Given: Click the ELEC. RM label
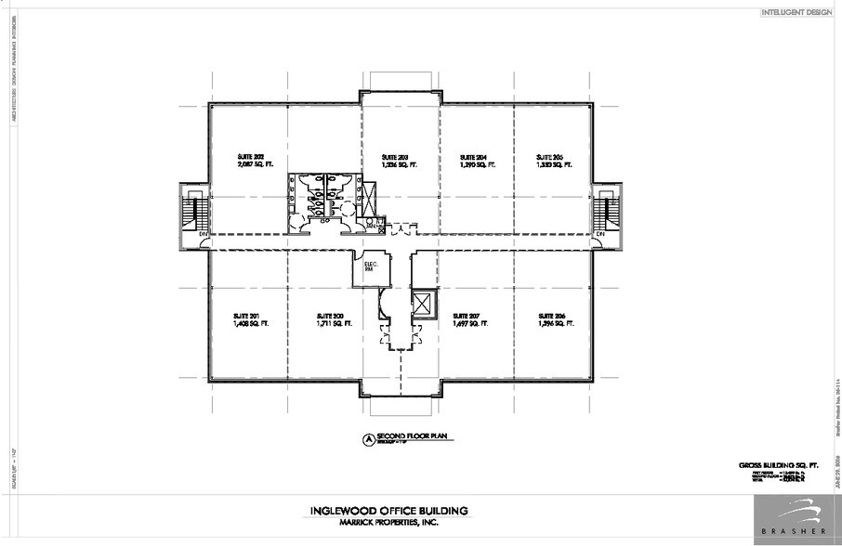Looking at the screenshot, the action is (x=368, y=267).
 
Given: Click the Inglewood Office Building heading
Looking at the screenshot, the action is (x=388, y=510).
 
